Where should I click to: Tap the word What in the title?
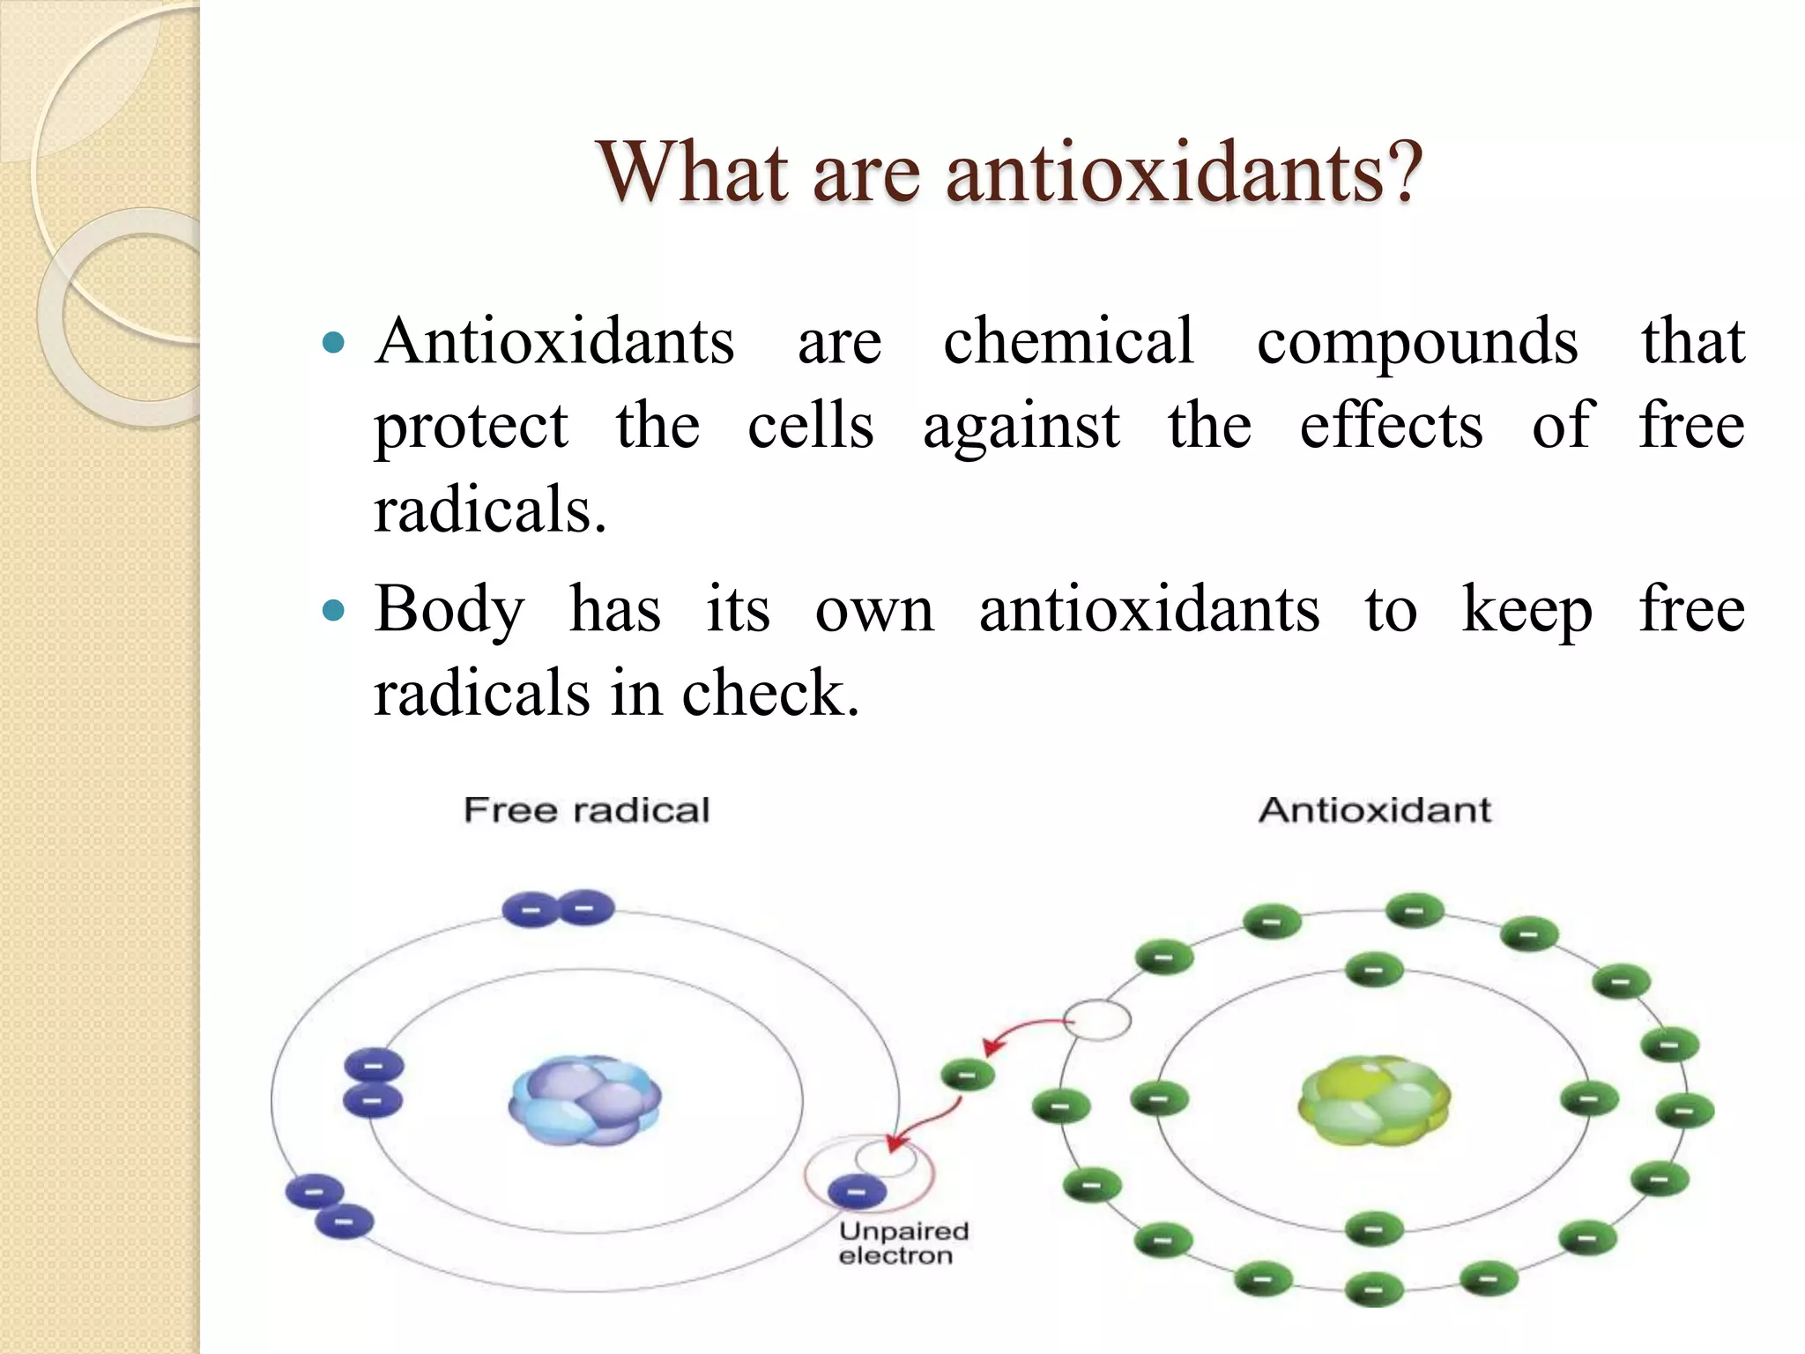tap(693, 172)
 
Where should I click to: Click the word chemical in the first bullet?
tap(1068, 342)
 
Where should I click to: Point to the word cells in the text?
tap(810, 427)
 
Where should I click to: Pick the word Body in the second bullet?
tap(449, 611)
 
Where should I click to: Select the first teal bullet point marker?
tap(333, 342)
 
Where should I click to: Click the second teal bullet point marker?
tap(333, 610)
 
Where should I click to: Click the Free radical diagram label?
tap(586, 810)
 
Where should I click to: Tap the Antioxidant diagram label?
tap(1374, 809)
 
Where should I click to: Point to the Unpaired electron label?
tap(902, 1243)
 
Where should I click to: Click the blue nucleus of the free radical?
tap(584, 1100)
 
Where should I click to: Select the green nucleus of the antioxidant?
tap(1373, 1100)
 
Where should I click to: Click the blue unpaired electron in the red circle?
tap(857, 1193)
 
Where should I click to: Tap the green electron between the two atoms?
tap(967, 1075)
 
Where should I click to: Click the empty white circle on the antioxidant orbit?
tap(1096, 1021)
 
